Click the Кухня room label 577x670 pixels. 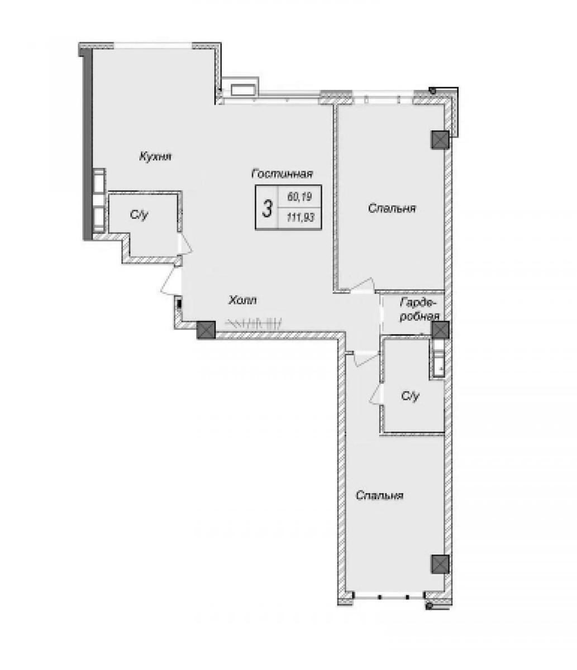tap(155, 157)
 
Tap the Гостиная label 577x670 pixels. tap(282, 174)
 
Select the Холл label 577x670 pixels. tap(242, 300)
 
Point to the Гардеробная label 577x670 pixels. tap(419, 309)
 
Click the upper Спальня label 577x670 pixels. tap(392, 208)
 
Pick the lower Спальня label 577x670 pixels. tap(379, 496)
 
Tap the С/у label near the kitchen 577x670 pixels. tap(139, 214)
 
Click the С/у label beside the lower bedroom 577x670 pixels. tap(411, 396)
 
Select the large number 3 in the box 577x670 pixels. tap(266, 208)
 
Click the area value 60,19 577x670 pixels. tap(299, 197)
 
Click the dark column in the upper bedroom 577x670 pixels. tap(440, 140)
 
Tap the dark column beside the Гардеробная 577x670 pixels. tap(440, 330)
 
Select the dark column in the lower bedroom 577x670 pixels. tap(440, 564)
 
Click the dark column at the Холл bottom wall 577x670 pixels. tap(206, 330)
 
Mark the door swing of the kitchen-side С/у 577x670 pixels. tap(185, 243)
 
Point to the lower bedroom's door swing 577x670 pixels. tap(366, 359)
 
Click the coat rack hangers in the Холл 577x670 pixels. tap(254, 323)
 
